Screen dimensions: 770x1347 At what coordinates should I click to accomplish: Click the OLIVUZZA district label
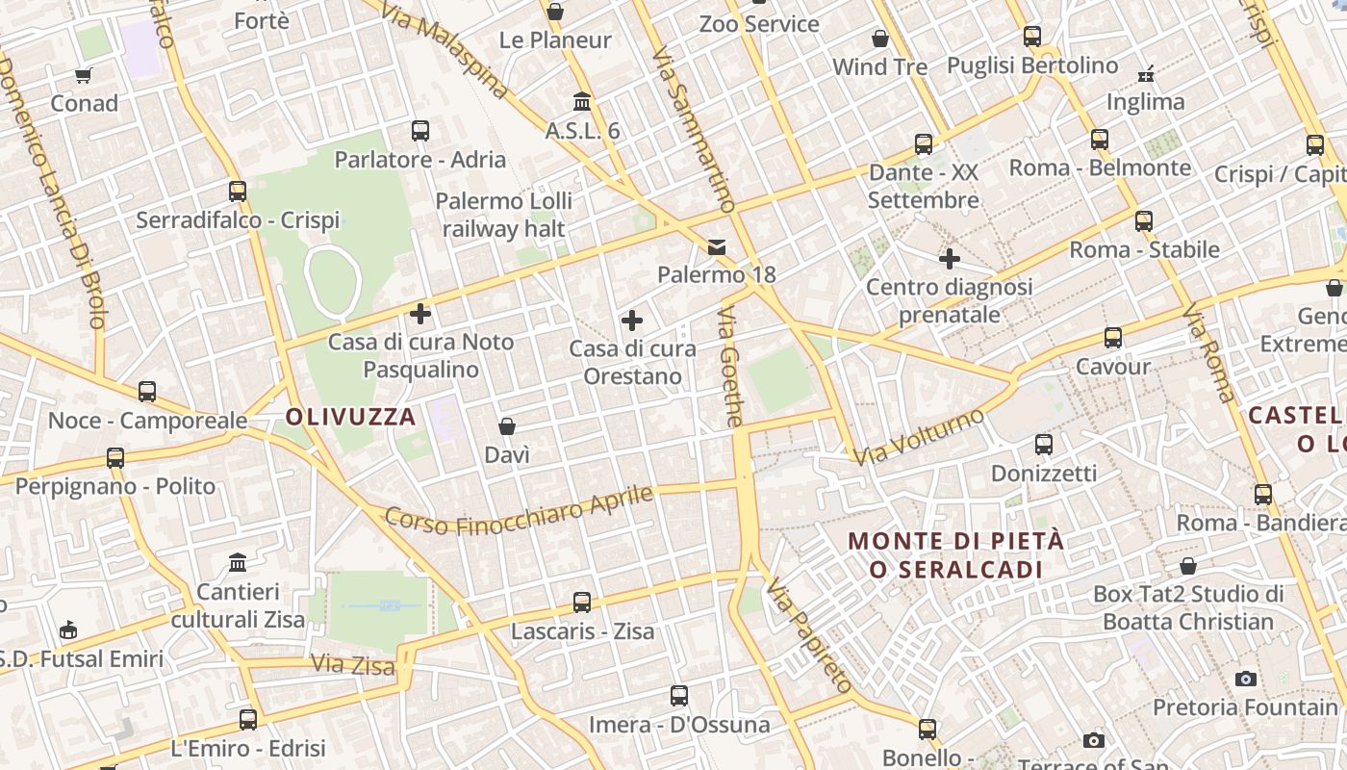[351, 417]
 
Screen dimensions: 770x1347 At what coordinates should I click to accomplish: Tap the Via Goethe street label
[730, 367]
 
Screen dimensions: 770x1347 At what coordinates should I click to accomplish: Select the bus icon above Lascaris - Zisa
[582, 603]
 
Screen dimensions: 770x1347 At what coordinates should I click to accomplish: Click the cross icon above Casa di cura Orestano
[632, 321]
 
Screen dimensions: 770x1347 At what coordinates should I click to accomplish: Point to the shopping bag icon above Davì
[507, 426]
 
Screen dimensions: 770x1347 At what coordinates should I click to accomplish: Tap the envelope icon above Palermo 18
[717, 247]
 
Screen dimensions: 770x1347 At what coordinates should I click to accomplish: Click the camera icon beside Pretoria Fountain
[1246, 680]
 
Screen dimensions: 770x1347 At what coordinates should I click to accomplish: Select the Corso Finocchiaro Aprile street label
[520, 509]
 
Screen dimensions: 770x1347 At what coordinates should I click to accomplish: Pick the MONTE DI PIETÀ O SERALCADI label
[956, 554]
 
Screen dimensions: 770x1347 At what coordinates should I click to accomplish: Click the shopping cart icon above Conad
[84, 75]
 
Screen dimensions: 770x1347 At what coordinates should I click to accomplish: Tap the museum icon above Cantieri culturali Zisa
[238, 562]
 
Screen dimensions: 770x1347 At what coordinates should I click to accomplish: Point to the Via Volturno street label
[921, 436]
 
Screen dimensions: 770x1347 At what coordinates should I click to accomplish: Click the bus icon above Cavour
[1113, 338]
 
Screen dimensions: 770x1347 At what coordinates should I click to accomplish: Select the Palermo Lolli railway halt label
[504, 215]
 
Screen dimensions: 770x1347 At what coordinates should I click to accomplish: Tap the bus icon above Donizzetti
[1044, 445]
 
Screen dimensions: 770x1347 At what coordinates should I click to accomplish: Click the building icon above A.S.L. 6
[582, 101]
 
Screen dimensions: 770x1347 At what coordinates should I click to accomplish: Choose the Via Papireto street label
[809, 635]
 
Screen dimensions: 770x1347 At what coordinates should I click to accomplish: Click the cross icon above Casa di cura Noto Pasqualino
[420, 313]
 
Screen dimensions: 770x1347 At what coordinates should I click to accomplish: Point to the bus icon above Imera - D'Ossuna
[679, 695]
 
